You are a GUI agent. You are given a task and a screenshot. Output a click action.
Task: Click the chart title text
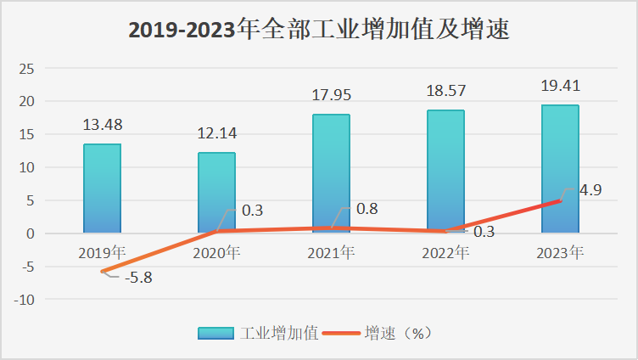318,30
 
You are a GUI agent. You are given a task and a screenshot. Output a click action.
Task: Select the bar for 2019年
102,188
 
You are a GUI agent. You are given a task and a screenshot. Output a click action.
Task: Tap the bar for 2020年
216,193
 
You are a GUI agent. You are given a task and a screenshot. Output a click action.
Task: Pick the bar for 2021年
331,173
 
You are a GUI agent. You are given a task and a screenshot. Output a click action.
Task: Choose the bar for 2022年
445,172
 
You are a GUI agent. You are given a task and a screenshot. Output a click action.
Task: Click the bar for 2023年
560,169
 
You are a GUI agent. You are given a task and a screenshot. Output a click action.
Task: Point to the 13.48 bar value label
102,126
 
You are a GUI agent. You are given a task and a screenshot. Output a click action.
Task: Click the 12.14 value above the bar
216,134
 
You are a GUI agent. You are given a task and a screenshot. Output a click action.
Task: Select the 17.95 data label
331,95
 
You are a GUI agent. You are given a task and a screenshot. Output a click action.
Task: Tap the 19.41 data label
560,86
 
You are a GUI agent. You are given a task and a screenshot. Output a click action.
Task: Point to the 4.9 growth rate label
590,190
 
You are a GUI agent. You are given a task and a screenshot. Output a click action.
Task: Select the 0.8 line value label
367,209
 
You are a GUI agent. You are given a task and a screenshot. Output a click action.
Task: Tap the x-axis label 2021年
331,252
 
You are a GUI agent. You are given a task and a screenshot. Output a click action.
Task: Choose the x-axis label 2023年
560,252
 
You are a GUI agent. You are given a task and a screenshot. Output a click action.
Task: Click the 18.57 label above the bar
445,91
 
